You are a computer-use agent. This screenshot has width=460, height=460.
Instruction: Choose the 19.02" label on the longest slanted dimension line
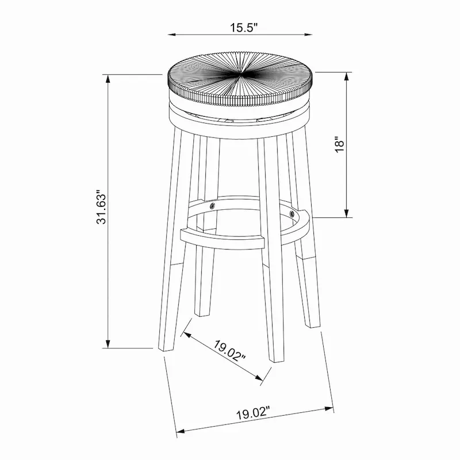coord(253,413)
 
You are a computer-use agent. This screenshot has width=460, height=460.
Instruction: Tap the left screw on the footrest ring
coord(213,205)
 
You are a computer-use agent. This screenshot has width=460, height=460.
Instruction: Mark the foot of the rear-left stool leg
coord(201,313)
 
